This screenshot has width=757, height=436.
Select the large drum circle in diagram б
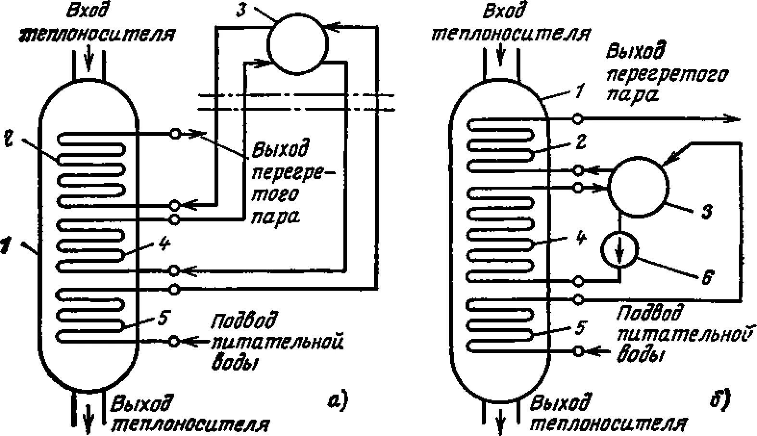(638, 185)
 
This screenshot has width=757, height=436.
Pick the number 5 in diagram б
(580, 328)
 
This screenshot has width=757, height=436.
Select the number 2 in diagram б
(581, 142)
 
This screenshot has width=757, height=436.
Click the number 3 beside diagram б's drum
(706, 211)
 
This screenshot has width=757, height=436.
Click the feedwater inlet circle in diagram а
(175, 341)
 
